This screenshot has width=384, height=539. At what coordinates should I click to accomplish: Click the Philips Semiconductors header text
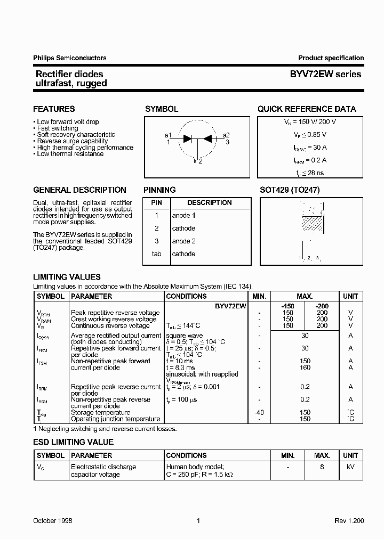click(x=70, y=58)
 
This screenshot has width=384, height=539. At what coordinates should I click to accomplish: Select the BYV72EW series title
click(x=325, y=74)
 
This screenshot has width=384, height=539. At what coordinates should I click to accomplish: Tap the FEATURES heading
click(x=54, y=109)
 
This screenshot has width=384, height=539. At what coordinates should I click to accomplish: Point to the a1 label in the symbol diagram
click(x=168, y=135)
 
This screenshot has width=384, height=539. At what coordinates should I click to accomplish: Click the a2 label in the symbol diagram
click(x=227, y=135)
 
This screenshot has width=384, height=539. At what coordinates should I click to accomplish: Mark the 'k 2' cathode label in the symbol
click(x=198, y=161)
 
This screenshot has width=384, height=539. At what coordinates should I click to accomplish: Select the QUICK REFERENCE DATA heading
click(x=307, y=109)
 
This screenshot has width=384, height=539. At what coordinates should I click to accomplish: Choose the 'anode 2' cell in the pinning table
click(x=183, y=241)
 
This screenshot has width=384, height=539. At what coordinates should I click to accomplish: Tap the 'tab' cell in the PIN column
click(x=156, y=254)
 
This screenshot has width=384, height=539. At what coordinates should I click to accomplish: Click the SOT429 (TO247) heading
click(x=290, y=190)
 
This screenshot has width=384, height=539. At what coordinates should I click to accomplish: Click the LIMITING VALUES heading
click(x=67, y=277)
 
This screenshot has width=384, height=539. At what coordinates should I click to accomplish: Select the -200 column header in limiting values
click(x=322, y=306)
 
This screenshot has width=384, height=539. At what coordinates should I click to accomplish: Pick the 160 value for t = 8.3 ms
click(x=305, y=367)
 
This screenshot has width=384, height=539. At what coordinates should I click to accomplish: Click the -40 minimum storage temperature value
click(x=259, y=412)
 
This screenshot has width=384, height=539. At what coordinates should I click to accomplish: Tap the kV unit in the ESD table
click(x=350, y=467)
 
